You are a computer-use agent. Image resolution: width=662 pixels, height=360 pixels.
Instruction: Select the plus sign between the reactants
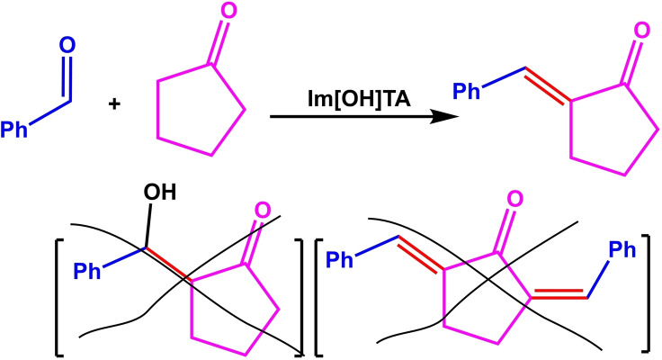(x=114, y=104)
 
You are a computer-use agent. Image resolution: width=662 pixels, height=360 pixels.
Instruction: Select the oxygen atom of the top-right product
(x=640, y=32)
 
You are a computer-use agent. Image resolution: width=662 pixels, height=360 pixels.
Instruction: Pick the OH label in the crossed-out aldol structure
(x=156, y=193)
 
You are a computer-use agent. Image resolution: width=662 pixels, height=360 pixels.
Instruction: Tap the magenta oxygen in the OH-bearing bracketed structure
(x=262, y=211)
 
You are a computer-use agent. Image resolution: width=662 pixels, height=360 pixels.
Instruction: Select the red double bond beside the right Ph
(x=558, y=293)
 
